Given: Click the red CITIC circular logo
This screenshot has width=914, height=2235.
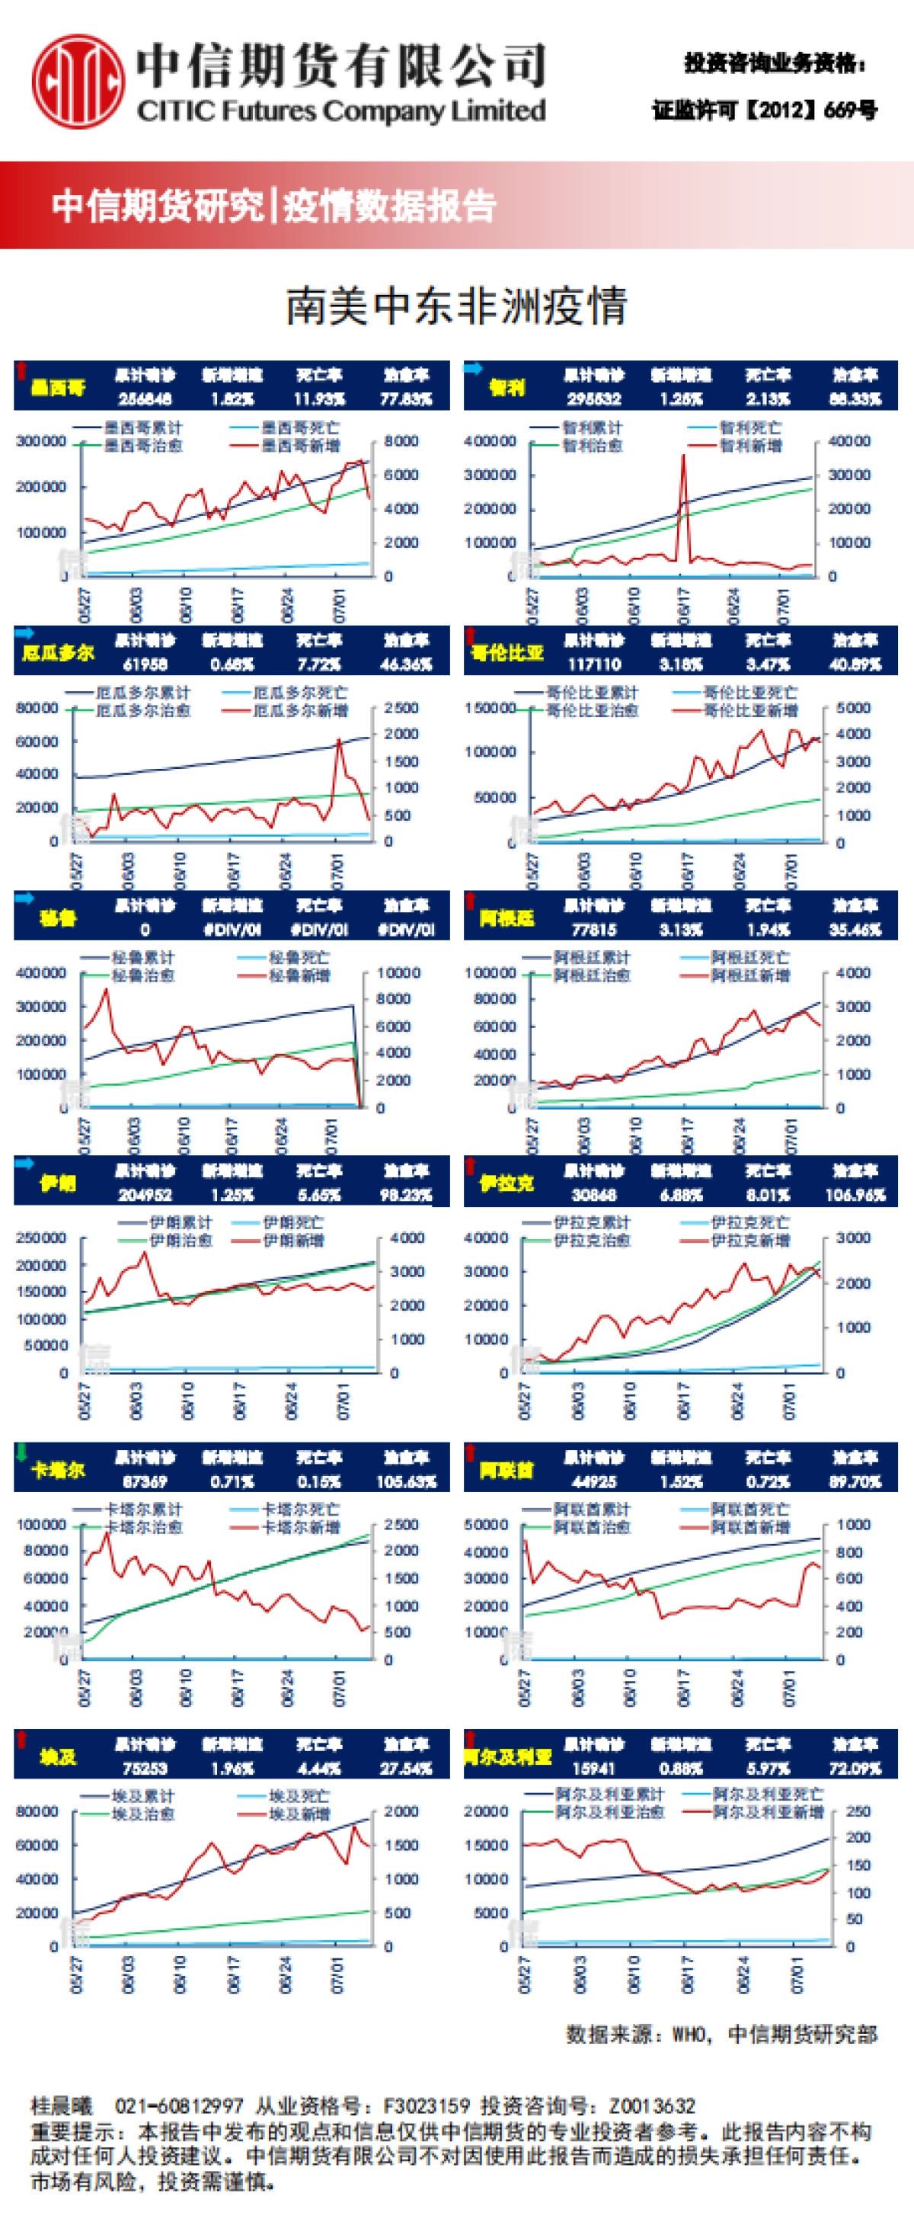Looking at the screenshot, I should [x=77, y=80].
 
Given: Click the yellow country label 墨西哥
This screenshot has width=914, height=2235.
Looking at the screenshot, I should [x=58, y=387].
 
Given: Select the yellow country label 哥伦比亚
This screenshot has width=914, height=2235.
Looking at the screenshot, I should [x=507, y=652].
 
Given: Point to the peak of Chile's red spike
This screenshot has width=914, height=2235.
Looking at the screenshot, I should [x=683, y=456].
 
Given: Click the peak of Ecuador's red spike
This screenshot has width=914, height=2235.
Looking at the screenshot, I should [x=338, y=740].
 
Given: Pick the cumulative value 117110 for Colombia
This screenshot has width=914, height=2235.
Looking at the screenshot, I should [x=594, y=664].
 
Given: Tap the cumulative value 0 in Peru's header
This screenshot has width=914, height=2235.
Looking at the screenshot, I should [x=145, y=929].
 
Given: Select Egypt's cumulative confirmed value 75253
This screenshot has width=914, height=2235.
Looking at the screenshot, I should [x=144, y=1768].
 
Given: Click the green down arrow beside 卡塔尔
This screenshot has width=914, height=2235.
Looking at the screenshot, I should [x=21, y=1452].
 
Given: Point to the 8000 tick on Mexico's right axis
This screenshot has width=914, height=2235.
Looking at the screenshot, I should [x=401, y=440].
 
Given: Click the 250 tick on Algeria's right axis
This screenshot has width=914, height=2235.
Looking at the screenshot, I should [x=858, y=1811].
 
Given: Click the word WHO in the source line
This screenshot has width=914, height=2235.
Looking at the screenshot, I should [x=690, y=2035].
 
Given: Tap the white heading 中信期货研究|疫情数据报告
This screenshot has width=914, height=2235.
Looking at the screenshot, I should [x=273, y=206].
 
